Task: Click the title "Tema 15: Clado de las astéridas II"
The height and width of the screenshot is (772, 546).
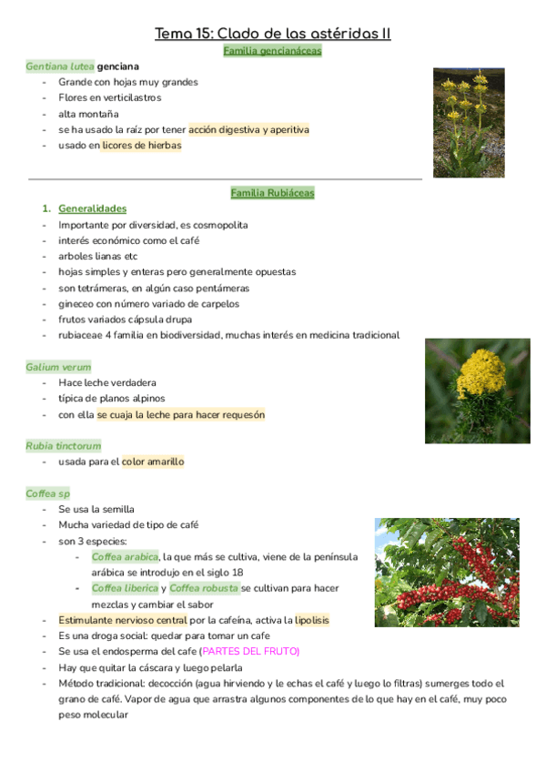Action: [273, 34]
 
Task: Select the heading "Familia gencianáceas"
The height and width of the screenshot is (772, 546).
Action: [272, 51]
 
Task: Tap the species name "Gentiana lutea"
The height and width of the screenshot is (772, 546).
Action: [60, 66]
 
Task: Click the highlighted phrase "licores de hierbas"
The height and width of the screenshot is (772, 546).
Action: [142, 145]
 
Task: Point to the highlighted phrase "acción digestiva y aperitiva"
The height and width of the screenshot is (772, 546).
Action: [248, 129]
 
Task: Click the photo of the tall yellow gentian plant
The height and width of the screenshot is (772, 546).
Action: [468, 122]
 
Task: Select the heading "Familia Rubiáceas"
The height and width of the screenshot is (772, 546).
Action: [272, 193]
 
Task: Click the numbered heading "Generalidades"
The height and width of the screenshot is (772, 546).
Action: [92, 208]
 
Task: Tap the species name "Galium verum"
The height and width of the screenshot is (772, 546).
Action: [58, 367]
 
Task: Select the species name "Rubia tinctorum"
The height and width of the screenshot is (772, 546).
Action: [63, 446]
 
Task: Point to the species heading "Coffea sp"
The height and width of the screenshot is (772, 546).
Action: [48, 493]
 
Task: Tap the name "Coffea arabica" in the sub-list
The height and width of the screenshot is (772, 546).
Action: [126, 556]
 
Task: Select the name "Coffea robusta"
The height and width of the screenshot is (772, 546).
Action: [204, 588]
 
